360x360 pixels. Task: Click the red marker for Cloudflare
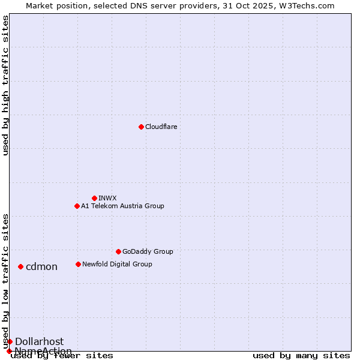click(141, 127)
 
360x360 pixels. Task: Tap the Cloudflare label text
click(161, 127)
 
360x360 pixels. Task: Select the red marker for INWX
click(94, 198)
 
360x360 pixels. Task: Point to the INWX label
click(107, 198)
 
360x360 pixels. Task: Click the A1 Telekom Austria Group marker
click(77, 206)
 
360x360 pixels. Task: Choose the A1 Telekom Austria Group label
click(122, 206)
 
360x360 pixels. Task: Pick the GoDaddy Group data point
click(118, 251)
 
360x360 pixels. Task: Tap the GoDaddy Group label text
click(147, 251)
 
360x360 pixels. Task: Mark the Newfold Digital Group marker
click(78, 264)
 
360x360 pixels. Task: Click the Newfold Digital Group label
click(117, 264)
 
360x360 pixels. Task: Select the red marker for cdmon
click(20, 266)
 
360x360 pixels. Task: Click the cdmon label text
click(41, 267)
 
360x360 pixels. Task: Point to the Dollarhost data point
click(10, 341)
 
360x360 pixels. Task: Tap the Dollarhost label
click(39, 342)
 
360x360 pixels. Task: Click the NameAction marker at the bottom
click(9, 351)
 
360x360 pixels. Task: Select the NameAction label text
click(43, 351)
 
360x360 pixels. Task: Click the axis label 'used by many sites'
click(301, 356)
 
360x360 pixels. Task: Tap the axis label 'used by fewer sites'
click(62, 356)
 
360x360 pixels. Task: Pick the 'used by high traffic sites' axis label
click(6, 85)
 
